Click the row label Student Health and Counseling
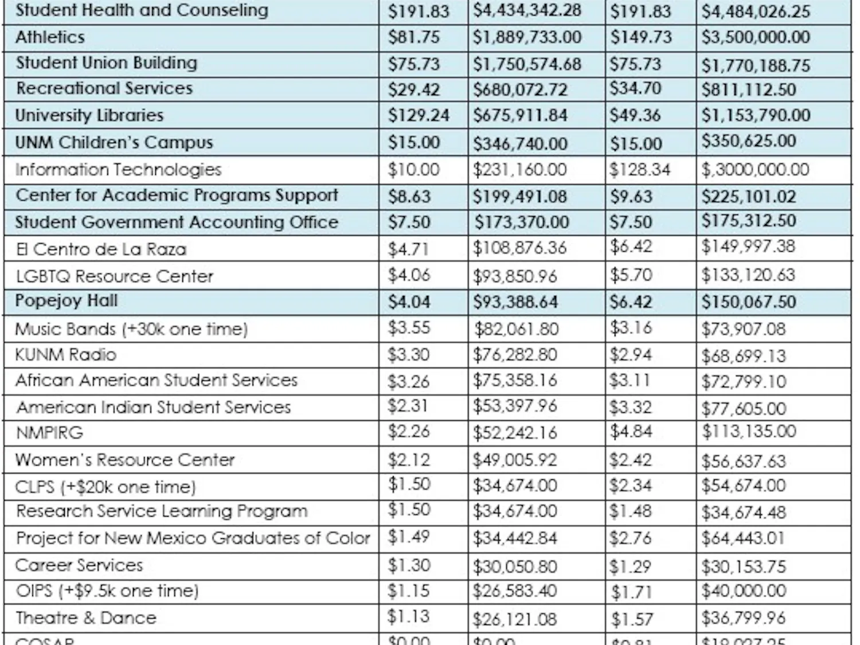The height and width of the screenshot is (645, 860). [142, 10]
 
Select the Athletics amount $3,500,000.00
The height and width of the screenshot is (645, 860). [756, 37]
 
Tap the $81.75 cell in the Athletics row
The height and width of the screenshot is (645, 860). [413, 37]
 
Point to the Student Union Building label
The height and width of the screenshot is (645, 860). [106, 62]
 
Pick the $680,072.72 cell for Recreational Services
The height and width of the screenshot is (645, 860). [519, 89]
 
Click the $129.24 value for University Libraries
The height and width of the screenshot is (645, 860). [419, 115]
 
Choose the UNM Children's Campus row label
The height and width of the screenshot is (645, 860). [114, 142]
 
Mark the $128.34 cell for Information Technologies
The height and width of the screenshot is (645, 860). [639, 170]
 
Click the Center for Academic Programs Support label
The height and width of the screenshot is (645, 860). [177, 196]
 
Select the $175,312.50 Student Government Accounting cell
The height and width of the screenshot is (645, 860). [748, 221]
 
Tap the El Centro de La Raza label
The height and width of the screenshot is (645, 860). [101, 249]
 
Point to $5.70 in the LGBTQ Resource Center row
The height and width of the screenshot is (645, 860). [631, 275]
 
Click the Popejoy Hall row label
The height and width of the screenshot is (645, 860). [66, 301]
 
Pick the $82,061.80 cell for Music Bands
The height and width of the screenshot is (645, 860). [515, 329]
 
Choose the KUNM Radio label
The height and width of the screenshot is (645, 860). [65, 355]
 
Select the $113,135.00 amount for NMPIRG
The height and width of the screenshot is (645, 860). [749, 431]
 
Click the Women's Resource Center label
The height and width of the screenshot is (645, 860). [125, 460]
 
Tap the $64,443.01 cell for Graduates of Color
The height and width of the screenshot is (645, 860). [743, 538]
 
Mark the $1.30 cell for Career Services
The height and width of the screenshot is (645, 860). [409, 565]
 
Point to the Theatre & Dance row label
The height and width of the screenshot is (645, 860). [85, 618]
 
